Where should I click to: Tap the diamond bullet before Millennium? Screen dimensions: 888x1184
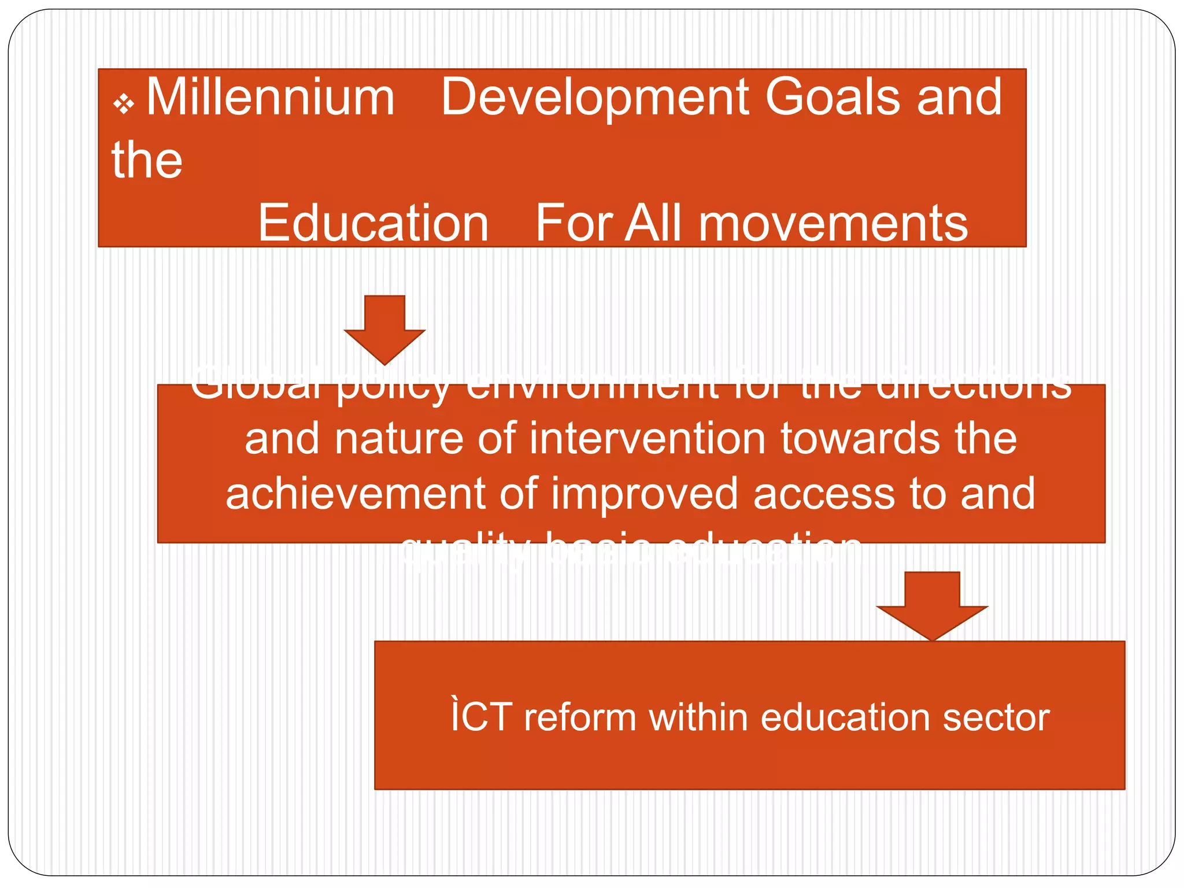click(x=124, y=105)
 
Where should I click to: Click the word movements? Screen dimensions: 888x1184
click(x=832, y=224)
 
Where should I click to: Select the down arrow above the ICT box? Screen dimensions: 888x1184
click(x=932, y=605)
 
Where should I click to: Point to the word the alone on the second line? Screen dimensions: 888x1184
click(x=147, y=160)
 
